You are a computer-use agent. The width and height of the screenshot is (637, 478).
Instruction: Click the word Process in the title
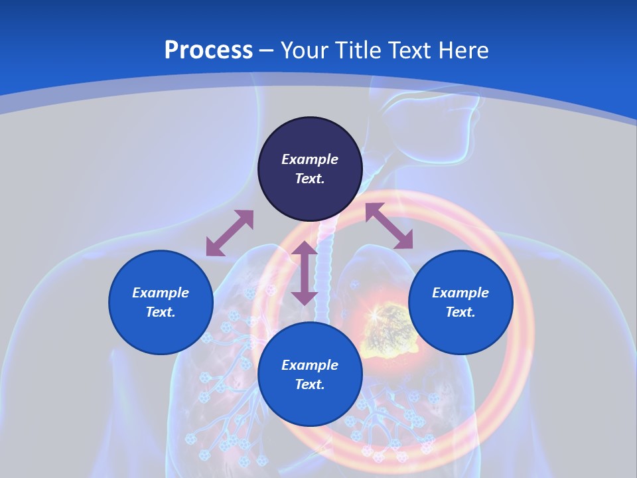(208, 50)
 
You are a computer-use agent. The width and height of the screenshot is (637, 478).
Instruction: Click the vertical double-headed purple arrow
(305, 273)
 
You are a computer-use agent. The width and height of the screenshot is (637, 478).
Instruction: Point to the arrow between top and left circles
(230, 233)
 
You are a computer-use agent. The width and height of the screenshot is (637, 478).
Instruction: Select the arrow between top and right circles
(389, 226)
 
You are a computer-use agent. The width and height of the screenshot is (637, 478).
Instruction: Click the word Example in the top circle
(310, 159)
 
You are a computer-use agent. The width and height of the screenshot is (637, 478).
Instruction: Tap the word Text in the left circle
(160, 312)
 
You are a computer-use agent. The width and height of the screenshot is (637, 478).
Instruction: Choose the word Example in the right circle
(460, 293)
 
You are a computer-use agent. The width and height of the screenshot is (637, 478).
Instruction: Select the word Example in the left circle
(161, 293)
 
